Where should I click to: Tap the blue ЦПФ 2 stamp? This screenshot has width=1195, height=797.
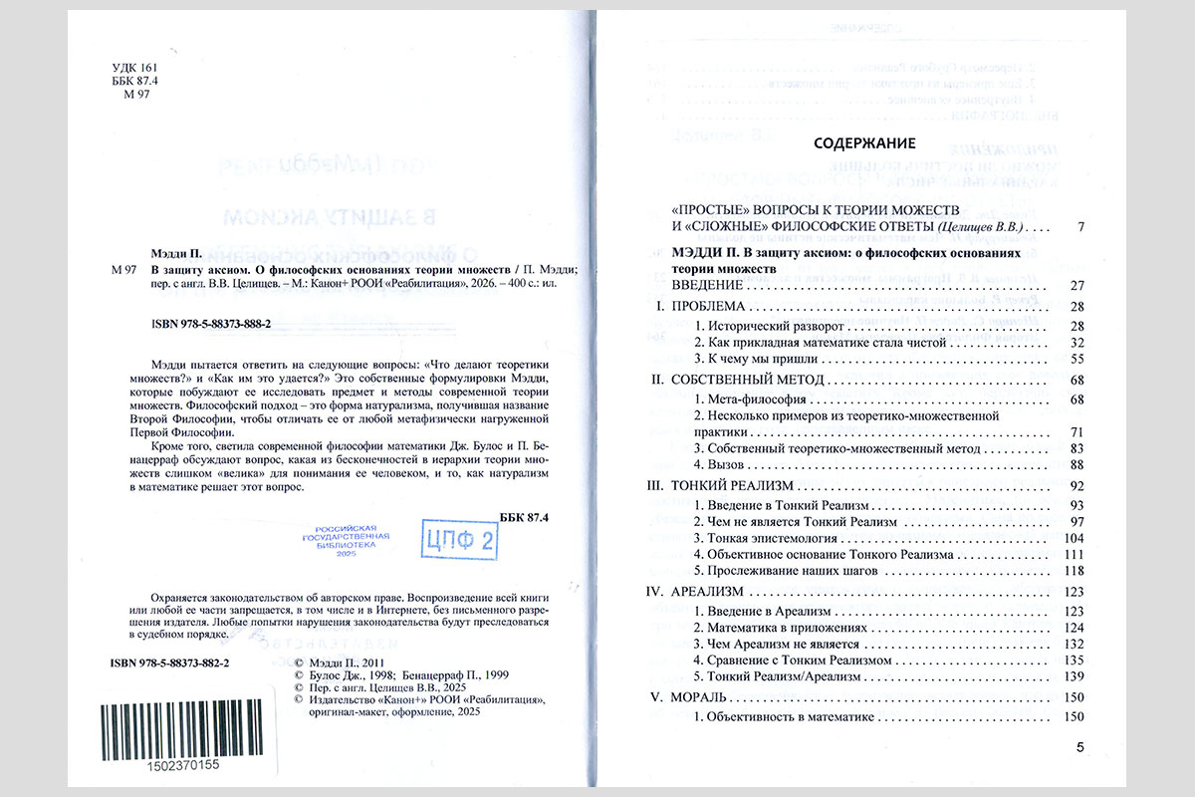pos(459,541)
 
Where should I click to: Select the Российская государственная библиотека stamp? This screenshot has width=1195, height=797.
pos(346,545)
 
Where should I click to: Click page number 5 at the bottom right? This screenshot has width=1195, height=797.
pos(1079,746)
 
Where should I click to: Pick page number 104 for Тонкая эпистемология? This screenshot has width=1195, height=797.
pos(1072,538)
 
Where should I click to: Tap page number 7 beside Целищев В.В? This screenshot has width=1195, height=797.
pos(1079,227)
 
